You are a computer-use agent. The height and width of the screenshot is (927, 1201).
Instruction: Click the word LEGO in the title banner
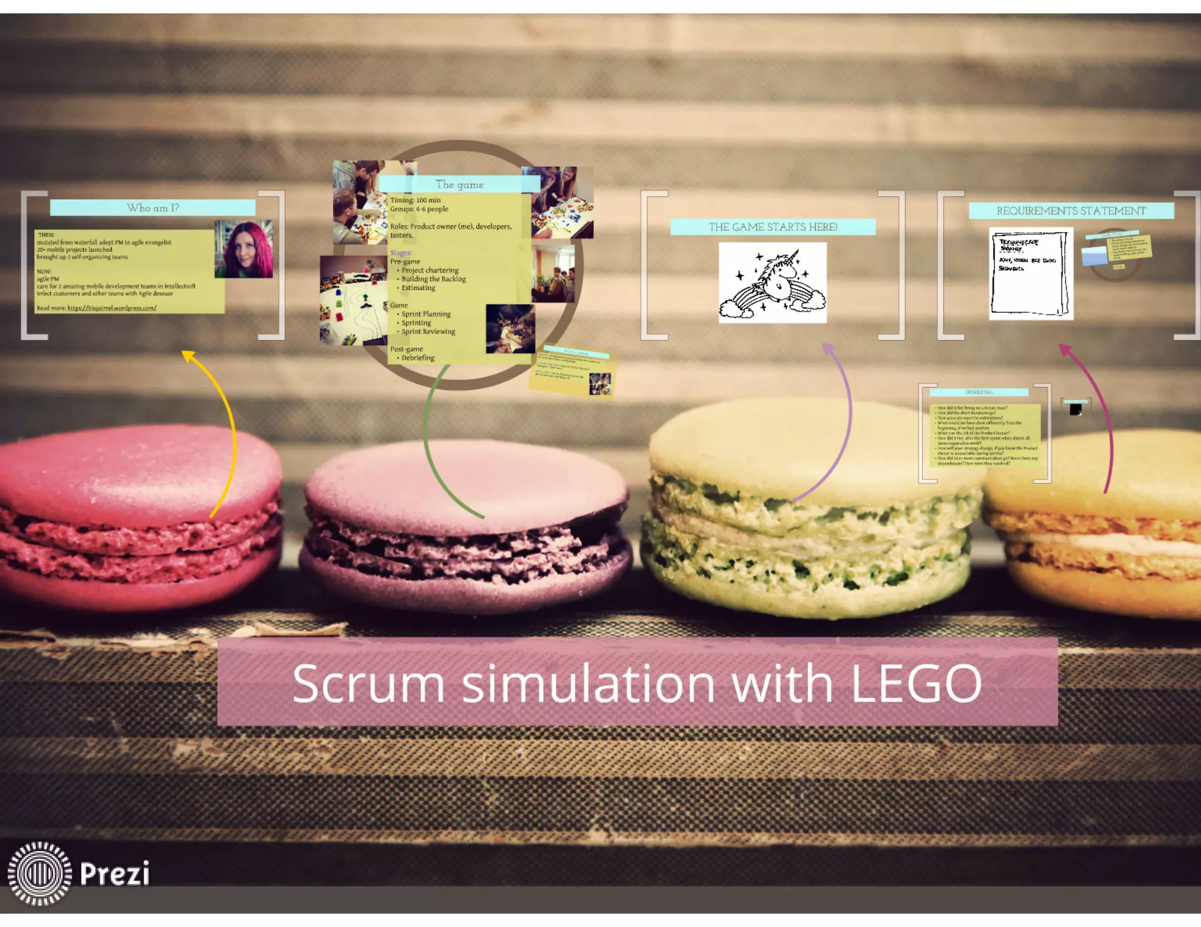click(x=916, y=683)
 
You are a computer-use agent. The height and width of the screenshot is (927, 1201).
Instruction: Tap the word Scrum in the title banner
click(x=368, y=683)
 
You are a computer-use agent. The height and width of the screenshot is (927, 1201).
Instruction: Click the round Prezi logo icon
click(x=39, y=873)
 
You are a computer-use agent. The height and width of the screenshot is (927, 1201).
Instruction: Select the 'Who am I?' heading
click(x=152, y=207)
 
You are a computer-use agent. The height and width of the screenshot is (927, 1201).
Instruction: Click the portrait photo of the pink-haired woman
click(x=244, y=248)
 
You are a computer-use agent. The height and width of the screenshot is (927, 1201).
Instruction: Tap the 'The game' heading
click(x=459, y=184)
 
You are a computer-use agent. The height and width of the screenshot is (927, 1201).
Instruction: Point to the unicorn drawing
click(x=772, y=283)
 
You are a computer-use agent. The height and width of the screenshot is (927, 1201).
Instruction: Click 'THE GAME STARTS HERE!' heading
click(x=772, y=227)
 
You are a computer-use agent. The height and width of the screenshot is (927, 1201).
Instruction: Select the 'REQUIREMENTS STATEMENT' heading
click(x=1071, y=210)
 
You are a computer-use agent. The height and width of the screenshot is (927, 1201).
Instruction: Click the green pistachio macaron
click(x=809, y=516)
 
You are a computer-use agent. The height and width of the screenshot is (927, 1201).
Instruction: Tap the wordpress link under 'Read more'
click(x=111, y=308)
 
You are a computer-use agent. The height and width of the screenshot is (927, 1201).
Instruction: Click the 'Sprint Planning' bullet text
click(x=426, y=314)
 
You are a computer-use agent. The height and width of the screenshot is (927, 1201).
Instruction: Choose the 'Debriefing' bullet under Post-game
click(x=418, y=357)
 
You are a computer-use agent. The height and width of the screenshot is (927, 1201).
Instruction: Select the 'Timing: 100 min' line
click(x=415, y=200)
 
